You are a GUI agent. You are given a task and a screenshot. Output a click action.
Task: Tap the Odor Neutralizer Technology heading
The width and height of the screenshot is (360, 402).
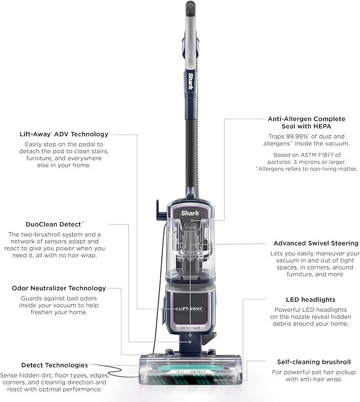click(x=59, y=289)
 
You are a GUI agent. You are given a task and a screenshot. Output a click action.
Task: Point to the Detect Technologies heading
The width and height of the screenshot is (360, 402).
click(x=55, y=365)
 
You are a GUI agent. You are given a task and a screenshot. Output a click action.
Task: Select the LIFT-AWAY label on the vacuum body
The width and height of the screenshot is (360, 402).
click(x=190, y=308)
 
